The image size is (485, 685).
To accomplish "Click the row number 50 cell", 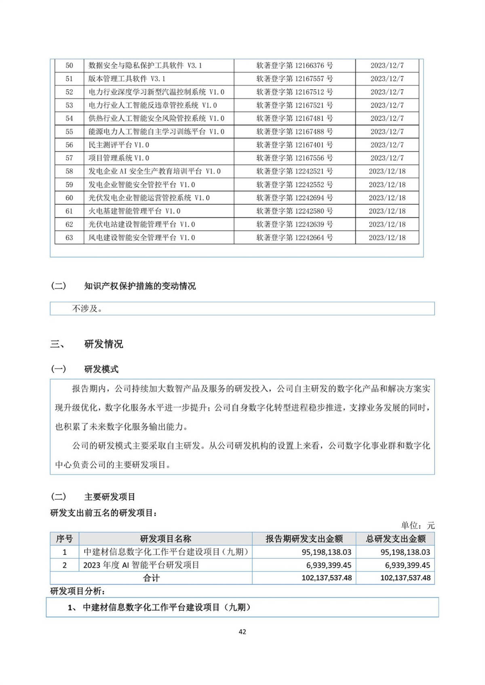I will click(69, 65).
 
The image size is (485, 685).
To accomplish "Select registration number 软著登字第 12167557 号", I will click(295, 79).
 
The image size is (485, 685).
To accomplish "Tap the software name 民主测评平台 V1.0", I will click(119, 145).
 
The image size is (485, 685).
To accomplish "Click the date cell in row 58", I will click(387, 171).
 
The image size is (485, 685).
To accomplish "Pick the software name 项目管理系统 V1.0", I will click(119, 158).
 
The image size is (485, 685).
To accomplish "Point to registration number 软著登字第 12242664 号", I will click(295, 237).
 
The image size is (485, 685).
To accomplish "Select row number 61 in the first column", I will click(69, 211).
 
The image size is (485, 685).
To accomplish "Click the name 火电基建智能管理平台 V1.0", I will click(135, 211).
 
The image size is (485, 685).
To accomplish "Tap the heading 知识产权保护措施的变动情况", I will click(140, 286).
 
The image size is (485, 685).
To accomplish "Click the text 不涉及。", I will click(87, 309).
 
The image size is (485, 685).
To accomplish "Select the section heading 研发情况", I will click(103, 344).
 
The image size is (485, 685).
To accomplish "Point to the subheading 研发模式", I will click(101, 369).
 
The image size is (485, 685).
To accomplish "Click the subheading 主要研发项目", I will click(110, 497).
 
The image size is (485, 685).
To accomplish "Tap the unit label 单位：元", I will click(418, 525).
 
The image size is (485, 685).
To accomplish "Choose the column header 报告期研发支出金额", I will click(304, 539).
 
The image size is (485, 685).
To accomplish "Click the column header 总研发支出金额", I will click(396, 539).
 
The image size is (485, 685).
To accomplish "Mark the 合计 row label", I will click(151, 578).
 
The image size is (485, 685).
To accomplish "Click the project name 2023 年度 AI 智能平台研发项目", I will click(141, 565).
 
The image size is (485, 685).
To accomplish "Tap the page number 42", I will click(242, 632).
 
